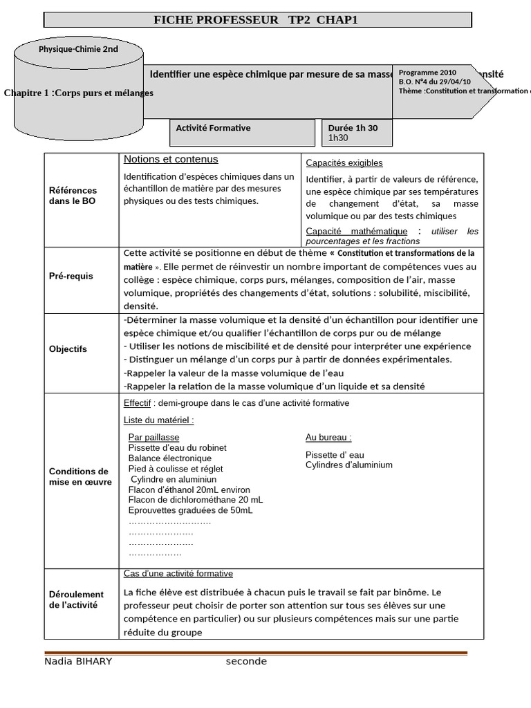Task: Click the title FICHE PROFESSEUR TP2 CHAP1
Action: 257,20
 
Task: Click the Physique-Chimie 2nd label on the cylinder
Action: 78,49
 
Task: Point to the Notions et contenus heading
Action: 171,159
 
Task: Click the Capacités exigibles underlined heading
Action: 344,163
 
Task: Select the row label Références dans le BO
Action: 73,196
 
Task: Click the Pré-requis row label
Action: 71,276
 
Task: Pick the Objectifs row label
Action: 68,349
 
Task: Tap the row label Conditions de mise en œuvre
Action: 80,476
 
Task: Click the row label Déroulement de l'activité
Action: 76,599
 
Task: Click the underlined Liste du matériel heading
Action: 158,420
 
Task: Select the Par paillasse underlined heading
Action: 153,437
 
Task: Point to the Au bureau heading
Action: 328,437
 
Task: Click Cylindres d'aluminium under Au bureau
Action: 348,465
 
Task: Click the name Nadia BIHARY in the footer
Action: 78,662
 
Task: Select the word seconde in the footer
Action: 245,662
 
